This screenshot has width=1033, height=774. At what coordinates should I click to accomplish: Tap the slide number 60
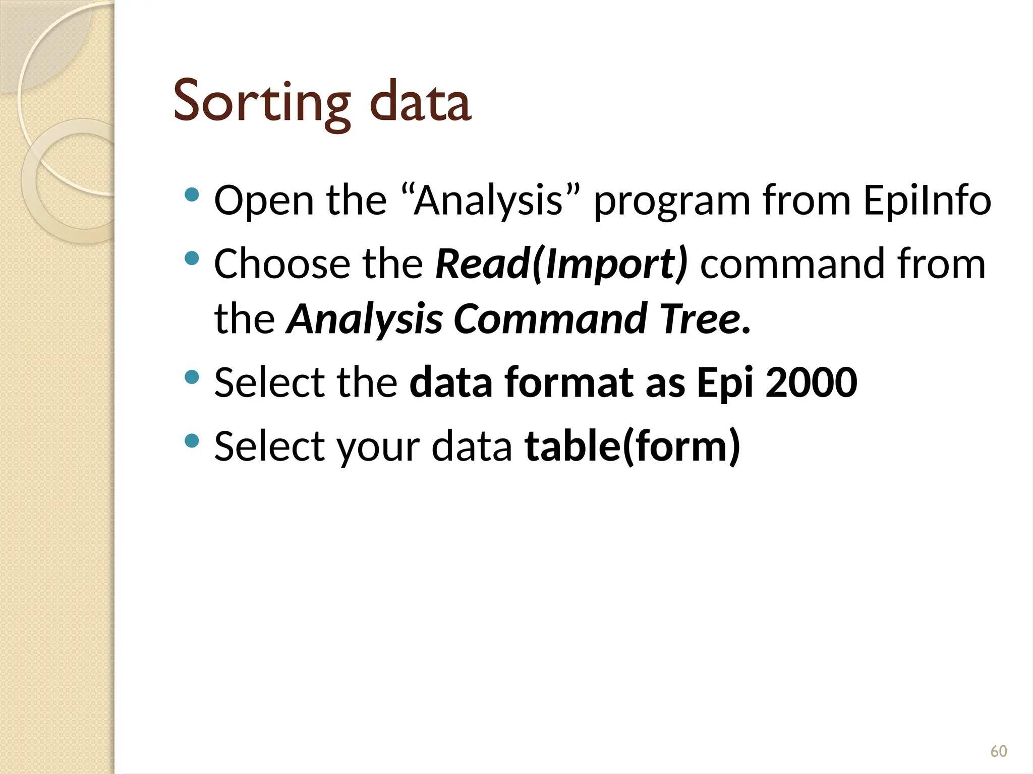(x=998, y=751)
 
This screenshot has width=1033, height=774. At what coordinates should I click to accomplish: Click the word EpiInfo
(x=927, y=201)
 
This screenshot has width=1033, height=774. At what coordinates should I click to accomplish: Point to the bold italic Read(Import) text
(x=561, y=264)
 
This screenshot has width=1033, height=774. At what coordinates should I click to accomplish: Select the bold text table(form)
(x=633, y=446)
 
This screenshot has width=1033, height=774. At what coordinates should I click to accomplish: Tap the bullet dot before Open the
(x=192, y=195)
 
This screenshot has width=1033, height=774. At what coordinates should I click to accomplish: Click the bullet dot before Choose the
(x=192, y=259)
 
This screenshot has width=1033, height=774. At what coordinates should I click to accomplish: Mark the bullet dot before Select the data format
(x=192, y=377)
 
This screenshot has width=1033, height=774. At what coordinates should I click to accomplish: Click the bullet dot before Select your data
(x=192, y=441)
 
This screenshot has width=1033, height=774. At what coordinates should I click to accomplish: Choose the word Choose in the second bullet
(x=282, y=264)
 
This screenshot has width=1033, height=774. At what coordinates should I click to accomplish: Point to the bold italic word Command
(x=550, y=319)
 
